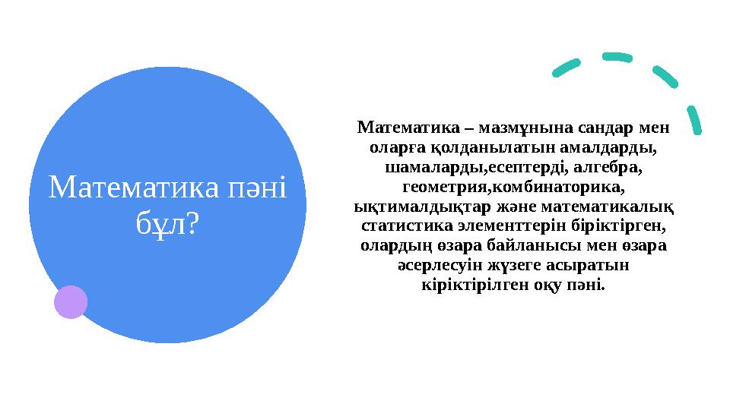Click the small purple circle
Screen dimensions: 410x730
[71, 301]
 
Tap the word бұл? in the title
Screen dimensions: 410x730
[168, 221]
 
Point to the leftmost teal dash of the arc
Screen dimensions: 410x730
[567, 69]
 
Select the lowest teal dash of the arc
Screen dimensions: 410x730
[694, 121]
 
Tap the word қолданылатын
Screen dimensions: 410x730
[490, 145]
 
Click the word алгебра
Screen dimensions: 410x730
[611, 165]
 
